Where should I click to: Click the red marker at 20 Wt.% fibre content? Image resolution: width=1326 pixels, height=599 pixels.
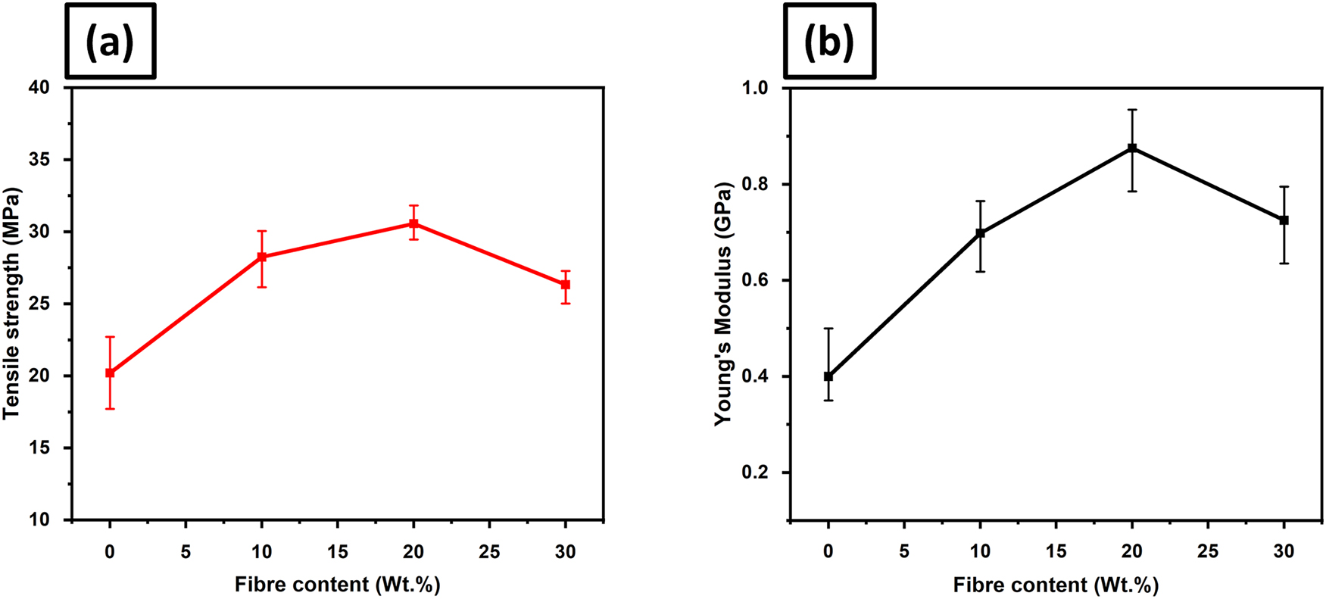point(413,224)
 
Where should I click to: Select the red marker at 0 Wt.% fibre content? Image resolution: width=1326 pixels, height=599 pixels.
point(110,373)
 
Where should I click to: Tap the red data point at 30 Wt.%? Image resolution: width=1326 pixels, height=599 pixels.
point(565,284)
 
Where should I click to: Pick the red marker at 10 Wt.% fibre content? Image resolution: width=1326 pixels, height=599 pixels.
point(262,257)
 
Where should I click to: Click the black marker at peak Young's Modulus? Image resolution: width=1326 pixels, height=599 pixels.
point(1132,148)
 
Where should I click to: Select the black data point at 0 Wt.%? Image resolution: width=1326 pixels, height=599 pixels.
point(828,376)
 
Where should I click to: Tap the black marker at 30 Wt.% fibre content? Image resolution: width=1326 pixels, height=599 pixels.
point(1284,220)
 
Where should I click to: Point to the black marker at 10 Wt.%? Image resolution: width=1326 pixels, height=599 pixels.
point(981,233)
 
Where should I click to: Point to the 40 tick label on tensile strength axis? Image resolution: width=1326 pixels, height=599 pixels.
point(39,88)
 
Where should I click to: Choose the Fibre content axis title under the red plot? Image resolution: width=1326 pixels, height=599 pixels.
point(337,585)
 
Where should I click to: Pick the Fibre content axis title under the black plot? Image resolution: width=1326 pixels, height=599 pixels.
point(1056,585)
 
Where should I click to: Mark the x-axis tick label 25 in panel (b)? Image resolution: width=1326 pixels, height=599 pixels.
point(1208,551)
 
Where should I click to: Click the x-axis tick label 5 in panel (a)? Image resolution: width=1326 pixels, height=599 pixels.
point(186,551)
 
